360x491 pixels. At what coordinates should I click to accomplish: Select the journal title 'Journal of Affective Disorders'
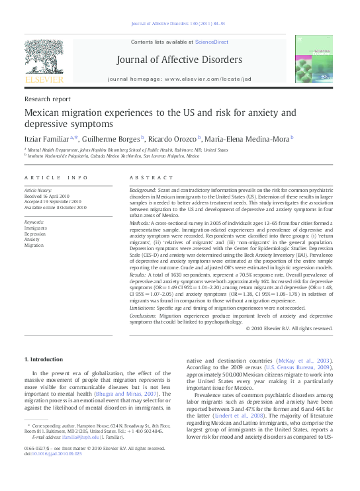point(179,60)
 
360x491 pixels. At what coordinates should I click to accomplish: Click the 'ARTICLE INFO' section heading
point(56,178)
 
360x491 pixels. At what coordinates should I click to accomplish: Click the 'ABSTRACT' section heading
point(146,178)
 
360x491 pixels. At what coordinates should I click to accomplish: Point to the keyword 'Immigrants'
point(36,228)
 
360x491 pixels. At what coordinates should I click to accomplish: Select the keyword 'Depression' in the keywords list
point(36,234)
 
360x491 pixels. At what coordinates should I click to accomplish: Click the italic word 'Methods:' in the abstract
point(141,224)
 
